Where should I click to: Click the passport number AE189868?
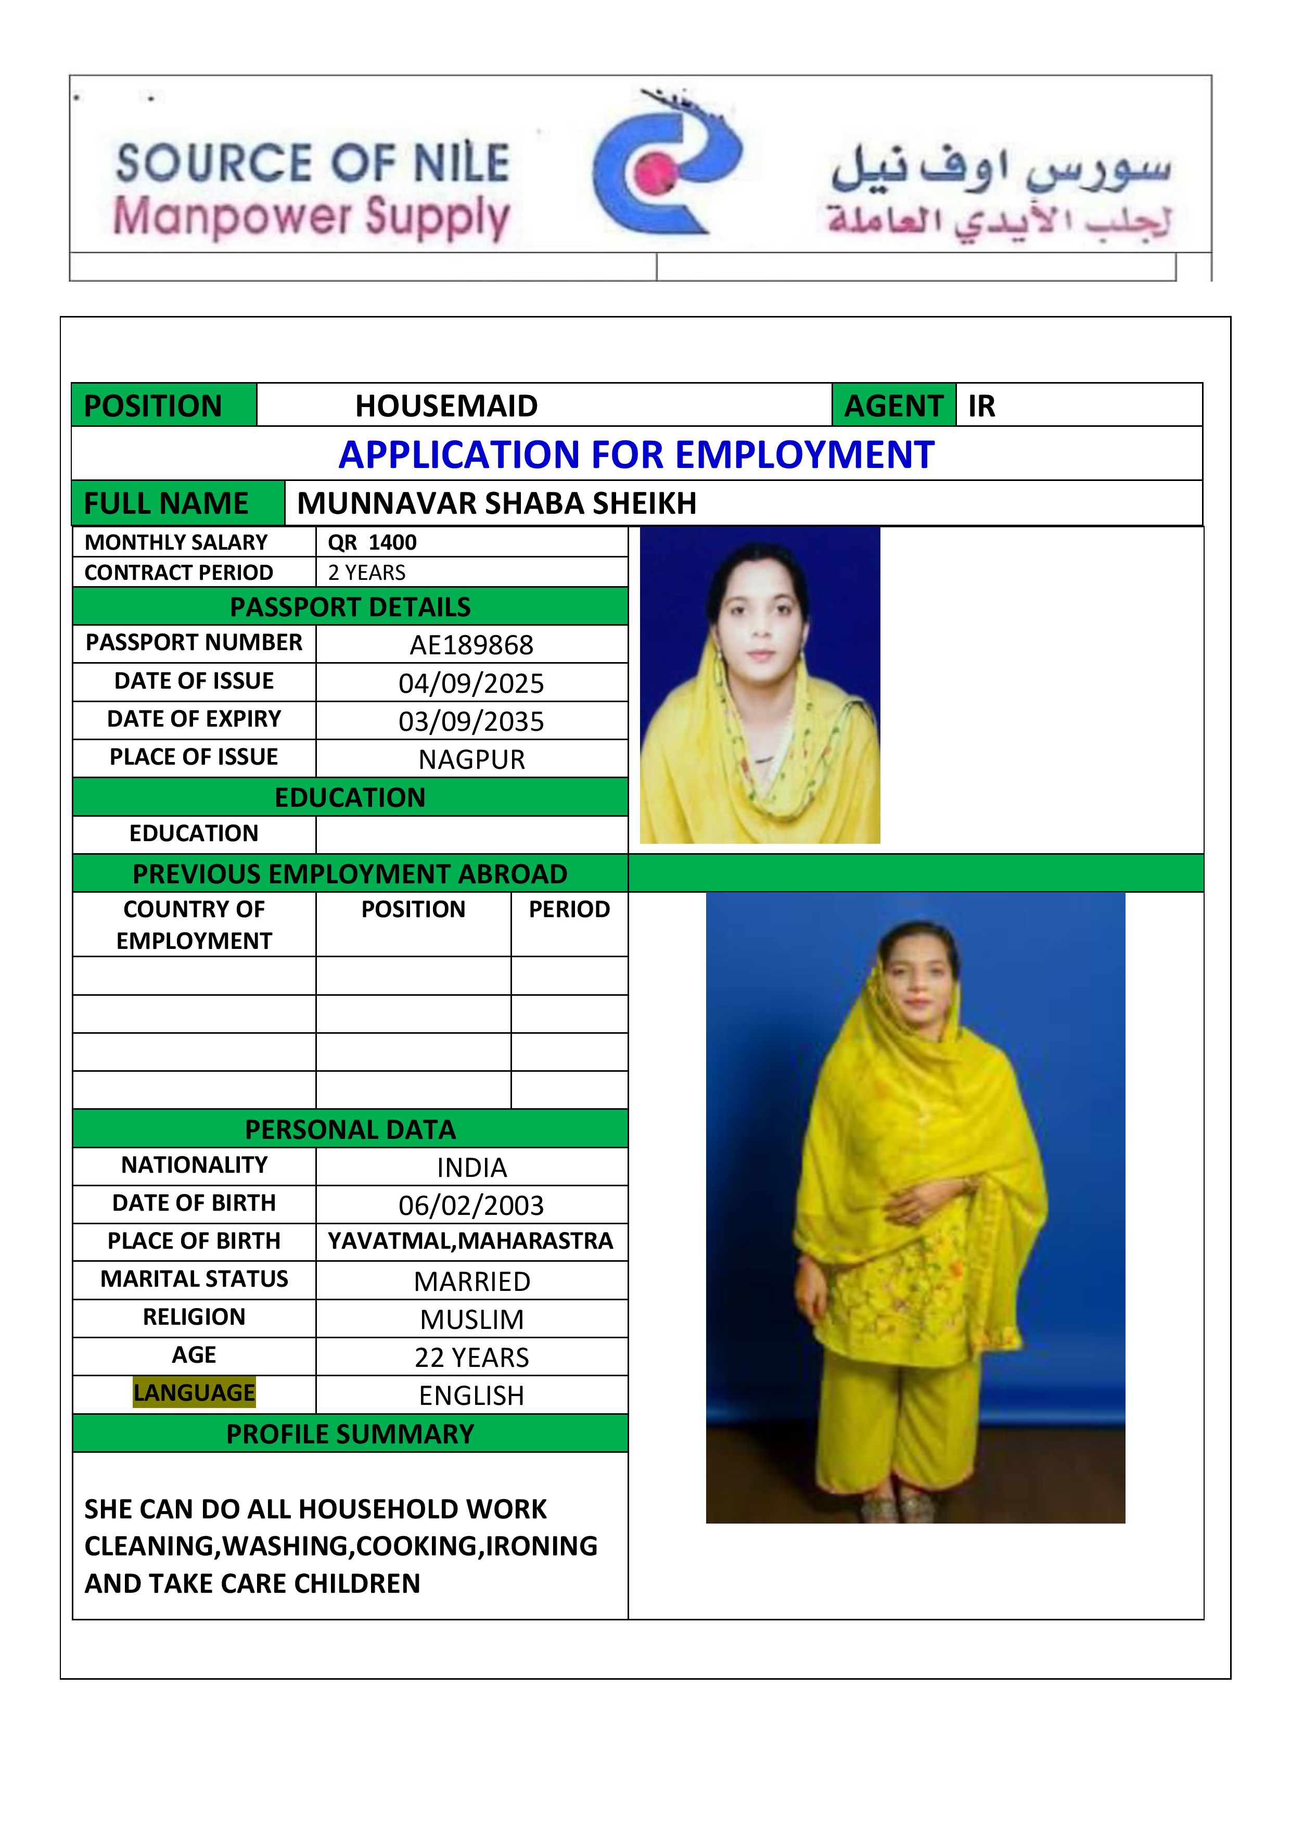click(x=471, y=645)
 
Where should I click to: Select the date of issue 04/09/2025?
click(x=471, y=683)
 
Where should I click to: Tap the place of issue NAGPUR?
click(x=471, y=759)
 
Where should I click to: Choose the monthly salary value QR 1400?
click(x=372, y=542)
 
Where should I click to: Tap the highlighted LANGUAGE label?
click(x=194, y=1392)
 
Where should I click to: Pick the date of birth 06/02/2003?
click(x=471, y=1206)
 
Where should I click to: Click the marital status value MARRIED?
click(x=471, y=1281)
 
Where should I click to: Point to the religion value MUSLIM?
click(x=471, y=1320)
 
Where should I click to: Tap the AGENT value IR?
click(x=982, y=405)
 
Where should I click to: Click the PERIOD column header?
click(x=569, y=909)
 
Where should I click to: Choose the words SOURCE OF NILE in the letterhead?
click(x=312, y=163)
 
